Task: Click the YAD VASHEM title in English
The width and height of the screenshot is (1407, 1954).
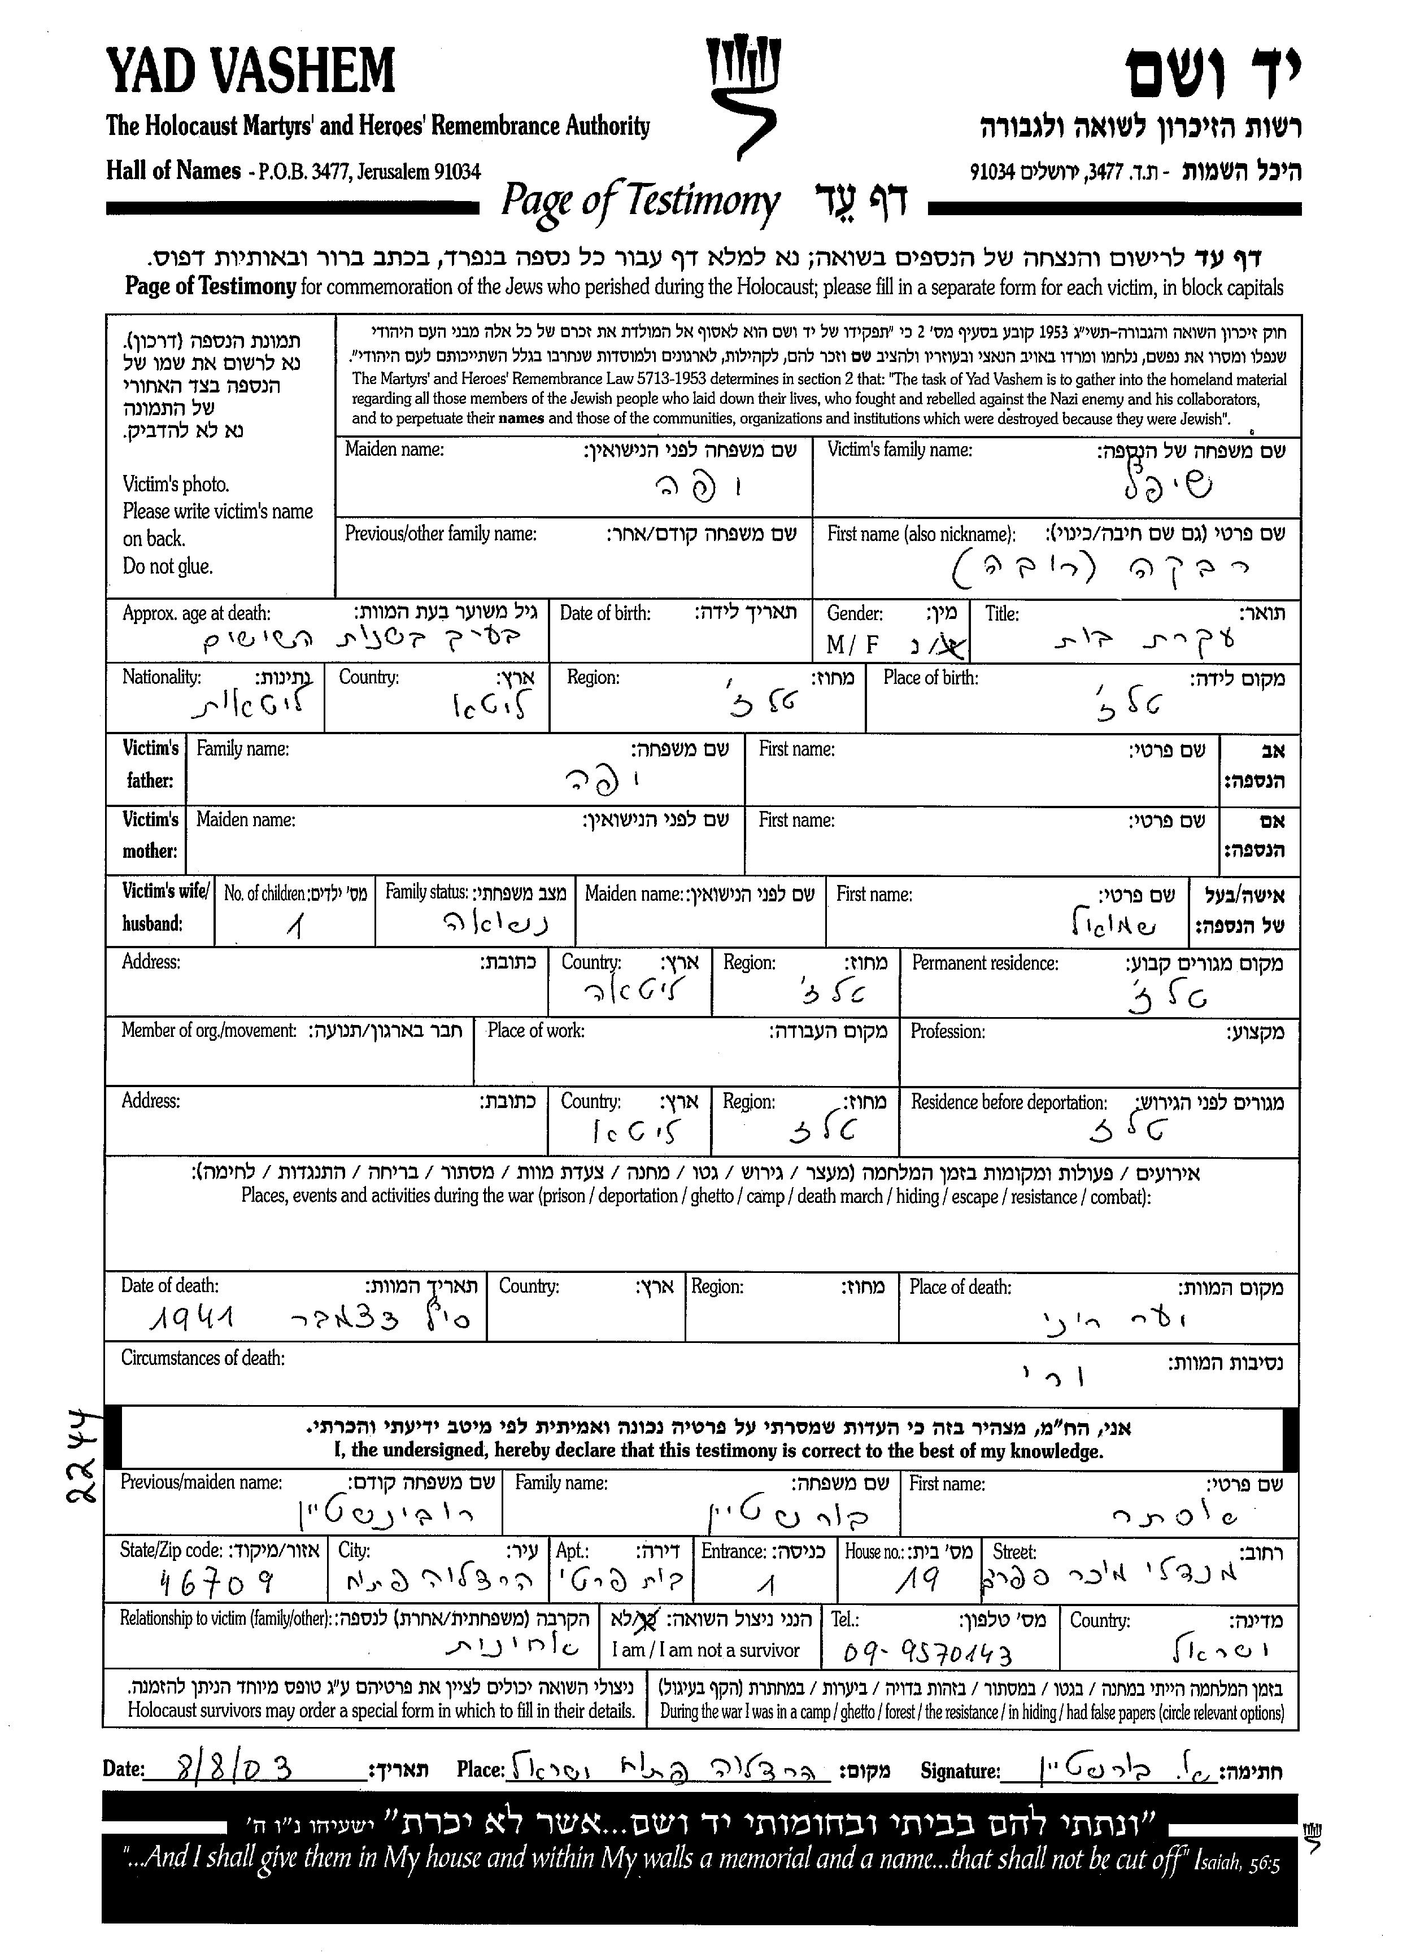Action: (x=251, y=72)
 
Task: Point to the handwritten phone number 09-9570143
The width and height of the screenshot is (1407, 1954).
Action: (x=928, y=1652)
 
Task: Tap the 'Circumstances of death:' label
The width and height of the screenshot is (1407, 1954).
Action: (x=202, y=1359)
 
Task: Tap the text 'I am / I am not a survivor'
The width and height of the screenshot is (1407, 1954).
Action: (x=705, y=1651)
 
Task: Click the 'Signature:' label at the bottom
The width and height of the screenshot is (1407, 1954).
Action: (x=960, y=1772)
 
